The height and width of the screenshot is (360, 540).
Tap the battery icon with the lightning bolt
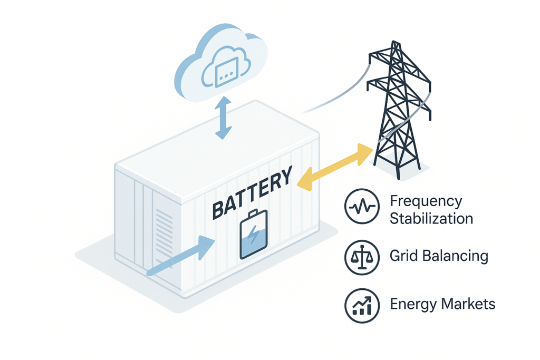click(254, 235)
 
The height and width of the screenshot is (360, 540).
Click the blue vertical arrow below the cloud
click(224, 118)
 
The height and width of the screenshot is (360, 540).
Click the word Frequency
click(426, 201)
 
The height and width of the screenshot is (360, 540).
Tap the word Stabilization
click(431, 218)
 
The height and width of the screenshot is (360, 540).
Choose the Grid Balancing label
click(439, 257)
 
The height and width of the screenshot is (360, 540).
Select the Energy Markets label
click(442, 304)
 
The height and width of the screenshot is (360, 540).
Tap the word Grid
click(402, 257)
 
